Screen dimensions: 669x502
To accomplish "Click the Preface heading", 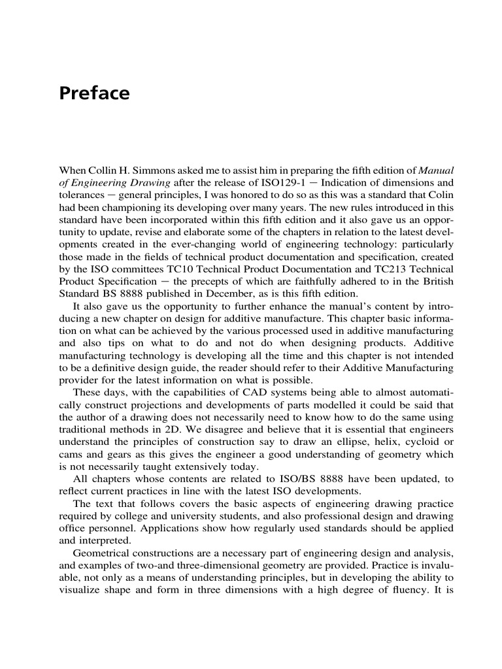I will point(94,93).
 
